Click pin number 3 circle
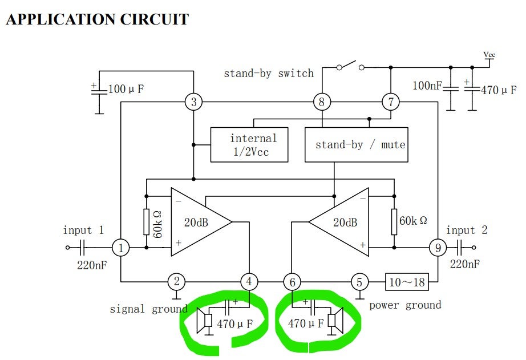tap(194, 103)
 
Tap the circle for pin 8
tap(322, 103)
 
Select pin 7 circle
tap(391, 103)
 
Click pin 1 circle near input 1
tap(121, 248)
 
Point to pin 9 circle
tap(438, 248)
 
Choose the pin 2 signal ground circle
tap(177, 281)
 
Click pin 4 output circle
tap(249, 281)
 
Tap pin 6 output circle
tap(292, 281)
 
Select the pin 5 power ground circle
tap(359, 281)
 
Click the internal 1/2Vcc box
tap(249, 144)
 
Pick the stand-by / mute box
tap(357, 144)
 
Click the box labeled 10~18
tap(407, 281)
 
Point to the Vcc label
tap(489, 55)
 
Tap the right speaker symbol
tap(335, 321)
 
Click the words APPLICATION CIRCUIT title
tap(97, 19)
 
